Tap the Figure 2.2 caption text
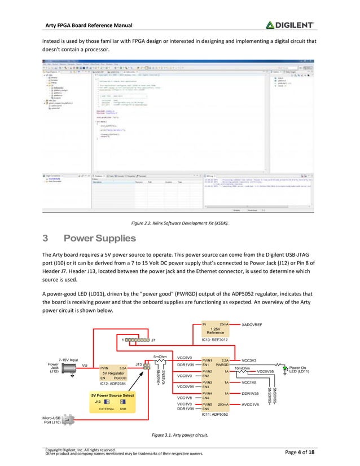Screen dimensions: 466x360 tap(180, 223)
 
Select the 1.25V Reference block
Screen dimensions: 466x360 tap(215, 331)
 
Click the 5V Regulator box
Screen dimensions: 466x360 tap(115, 373)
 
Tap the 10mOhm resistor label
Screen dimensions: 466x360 tap(242, 368)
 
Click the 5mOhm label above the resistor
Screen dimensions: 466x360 tap(160, 357)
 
